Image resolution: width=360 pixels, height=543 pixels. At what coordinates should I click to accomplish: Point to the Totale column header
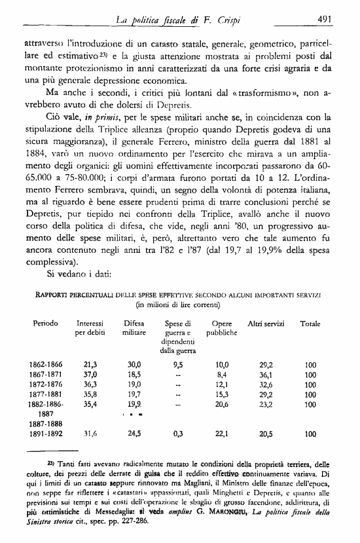coord(310,324)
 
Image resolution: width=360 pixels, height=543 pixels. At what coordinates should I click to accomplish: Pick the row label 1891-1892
coord(46,434)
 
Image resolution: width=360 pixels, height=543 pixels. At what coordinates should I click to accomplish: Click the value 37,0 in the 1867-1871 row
coord(91,375)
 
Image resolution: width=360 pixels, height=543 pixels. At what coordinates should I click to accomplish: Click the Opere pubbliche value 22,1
coord(223,434)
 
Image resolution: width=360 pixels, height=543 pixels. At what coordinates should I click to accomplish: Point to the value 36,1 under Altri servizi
coord(265,375)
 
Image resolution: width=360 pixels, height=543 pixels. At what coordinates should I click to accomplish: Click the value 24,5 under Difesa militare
coord(134,434)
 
